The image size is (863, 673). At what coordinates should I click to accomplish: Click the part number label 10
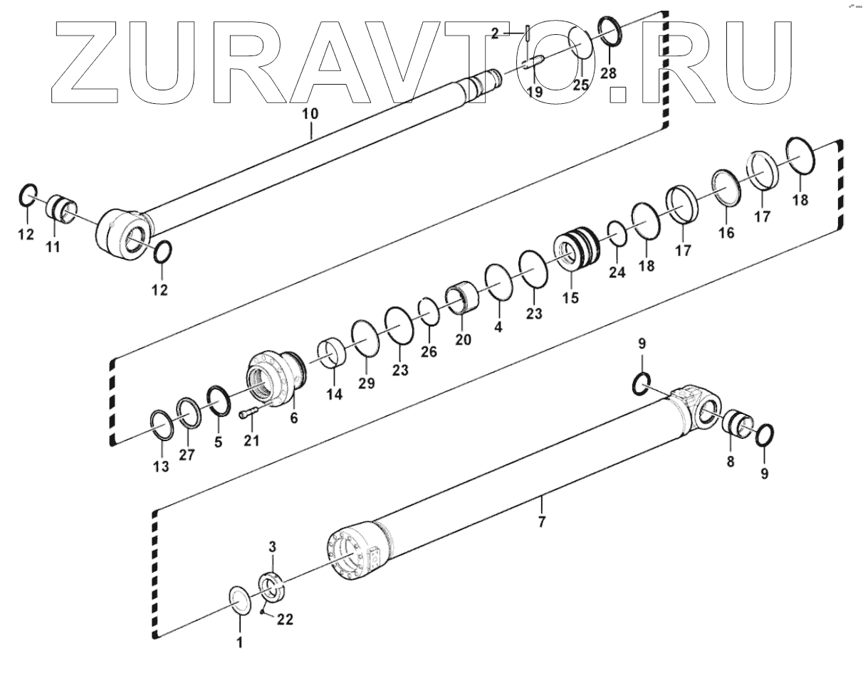311,113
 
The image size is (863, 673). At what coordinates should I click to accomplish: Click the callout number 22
285,620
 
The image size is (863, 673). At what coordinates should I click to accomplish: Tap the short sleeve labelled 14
331,354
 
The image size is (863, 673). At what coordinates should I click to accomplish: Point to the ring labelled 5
218,401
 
